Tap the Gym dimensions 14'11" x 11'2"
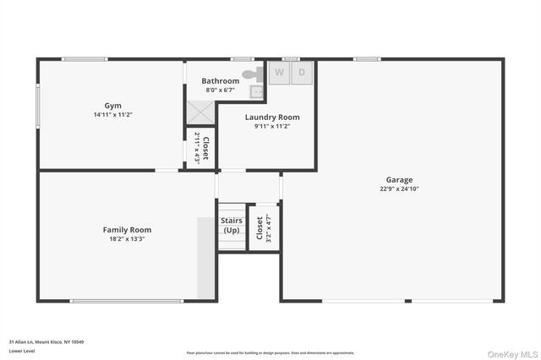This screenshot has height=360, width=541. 113,114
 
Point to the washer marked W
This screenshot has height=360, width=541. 279,73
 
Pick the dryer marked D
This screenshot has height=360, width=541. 302,73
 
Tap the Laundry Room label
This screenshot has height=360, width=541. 272,117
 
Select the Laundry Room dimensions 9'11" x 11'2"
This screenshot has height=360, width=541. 272,127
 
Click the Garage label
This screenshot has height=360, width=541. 399,180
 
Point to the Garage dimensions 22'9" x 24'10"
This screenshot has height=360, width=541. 399,189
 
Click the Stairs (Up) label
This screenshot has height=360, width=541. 231,226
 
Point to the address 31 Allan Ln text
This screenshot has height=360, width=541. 46,342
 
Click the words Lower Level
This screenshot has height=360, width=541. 22,351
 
